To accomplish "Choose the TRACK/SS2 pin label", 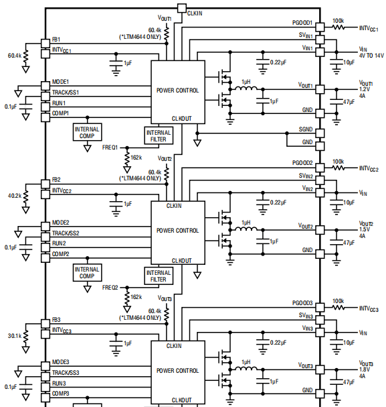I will point(69,233).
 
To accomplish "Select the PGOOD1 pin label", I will point(302,22).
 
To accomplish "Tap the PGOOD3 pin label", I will point(302,303).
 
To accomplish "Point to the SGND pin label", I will point(306,129).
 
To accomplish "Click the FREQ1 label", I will point(110,146).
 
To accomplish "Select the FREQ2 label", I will point(110,287).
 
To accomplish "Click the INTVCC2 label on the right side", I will point(369,169).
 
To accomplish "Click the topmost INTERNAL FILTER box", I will point(159,135).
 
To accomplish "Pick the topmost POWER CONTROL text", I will point(177,90).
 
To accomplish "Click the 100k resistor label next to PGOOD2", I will point(339,162).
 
